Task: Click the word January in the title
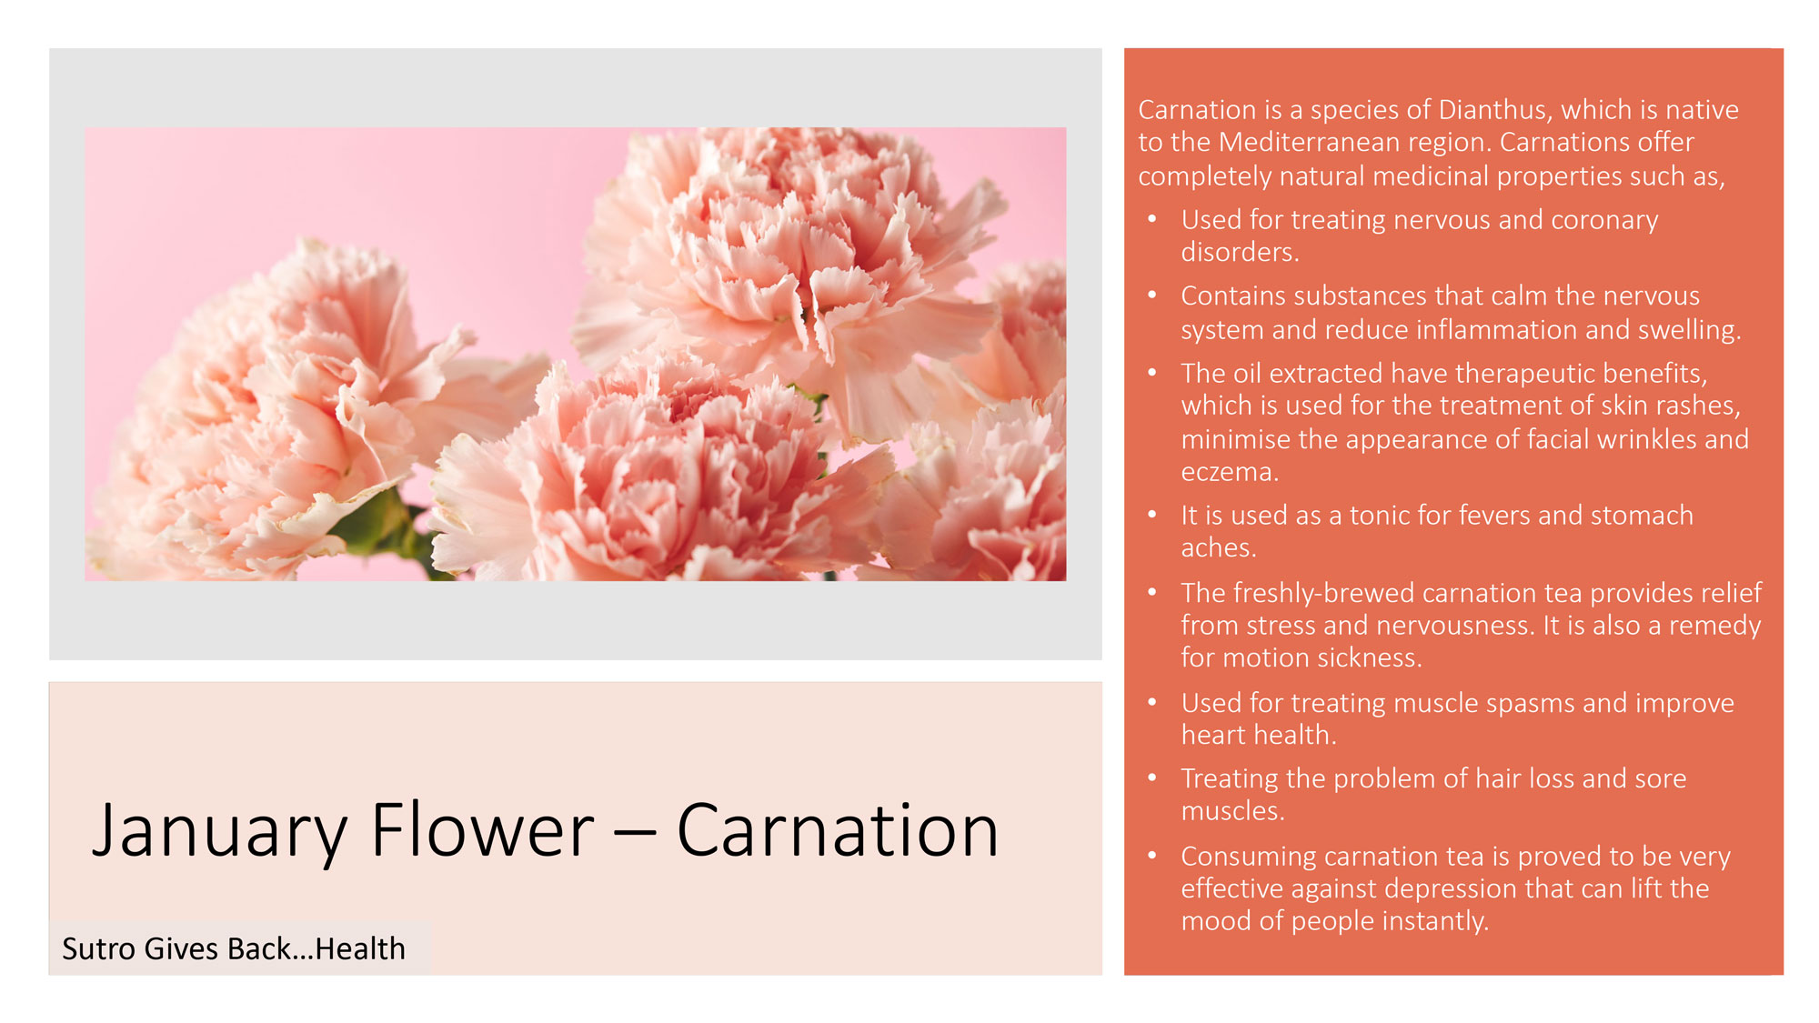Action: tap(219, 831)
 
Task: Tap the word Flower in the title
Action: tap(482, 829)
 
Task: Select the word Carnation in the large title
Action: tap(838, 829)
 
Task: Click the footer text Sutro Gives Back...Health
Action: tap(234, 948)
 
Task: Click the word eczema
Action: tap(1230, 472)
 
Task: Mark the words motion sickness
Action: tap(1322, 657)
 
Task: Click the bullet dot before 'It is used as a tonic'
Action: tap(1152, 515)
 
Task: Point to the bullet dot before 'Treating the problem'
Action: tap(1152, 777)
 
